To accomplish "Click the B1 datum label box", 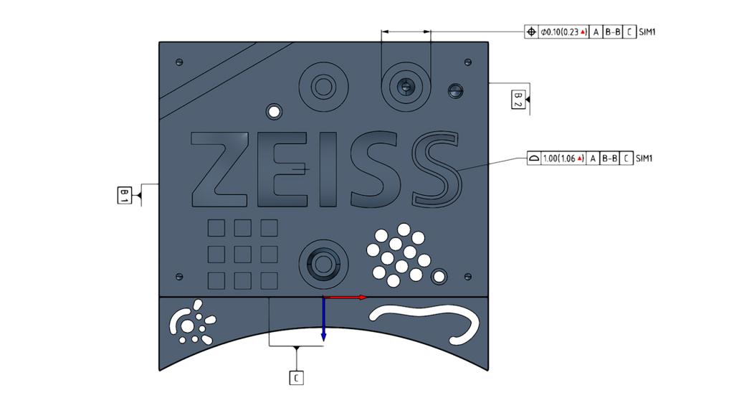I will click(124, 194).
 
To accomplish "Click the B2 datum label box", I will click(518, 100).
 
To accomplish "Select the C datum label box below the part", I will click(297, 377).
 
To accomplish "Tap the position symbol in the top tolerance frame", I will click(531, 32).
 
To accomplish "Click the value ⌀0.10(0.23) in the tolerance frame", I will click(563, 32).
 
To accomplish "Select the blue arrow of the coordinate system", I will click(324, 319).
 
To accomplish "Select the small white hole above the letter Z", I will click(273, 113).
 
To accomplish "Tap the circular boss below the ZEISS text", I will click(323, 261).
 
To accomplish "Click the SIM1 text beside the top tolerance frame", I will click(647, 32).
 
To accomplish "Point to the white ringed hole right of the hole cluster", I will click(439, 276).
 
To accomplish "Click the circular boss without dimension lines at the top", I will click(323, 88).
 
